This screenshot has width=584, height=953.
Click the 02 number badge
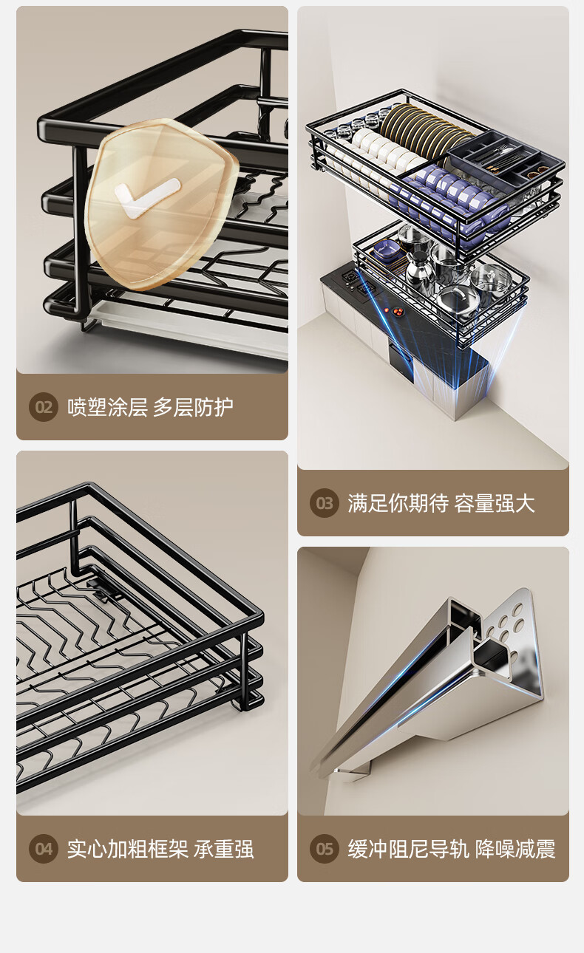[44, 407]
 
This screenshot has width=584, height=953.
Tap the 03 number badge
[325, 503]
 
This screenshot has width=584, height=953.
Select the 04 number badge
[44, 849]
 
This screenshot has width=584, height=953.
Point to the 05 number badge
[325, 849]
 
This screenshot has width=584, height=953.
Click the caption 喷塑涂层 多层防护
[150, 407]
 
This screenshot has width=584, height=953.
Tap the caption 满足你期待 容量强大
[441, 503]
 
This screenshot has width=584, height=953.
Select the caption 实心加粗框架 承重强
[160, 849]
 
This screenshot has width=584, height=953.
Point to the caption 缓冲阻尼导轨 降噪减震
[452, 849]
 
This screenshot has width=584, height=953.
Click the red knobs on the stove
[397, 312]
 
